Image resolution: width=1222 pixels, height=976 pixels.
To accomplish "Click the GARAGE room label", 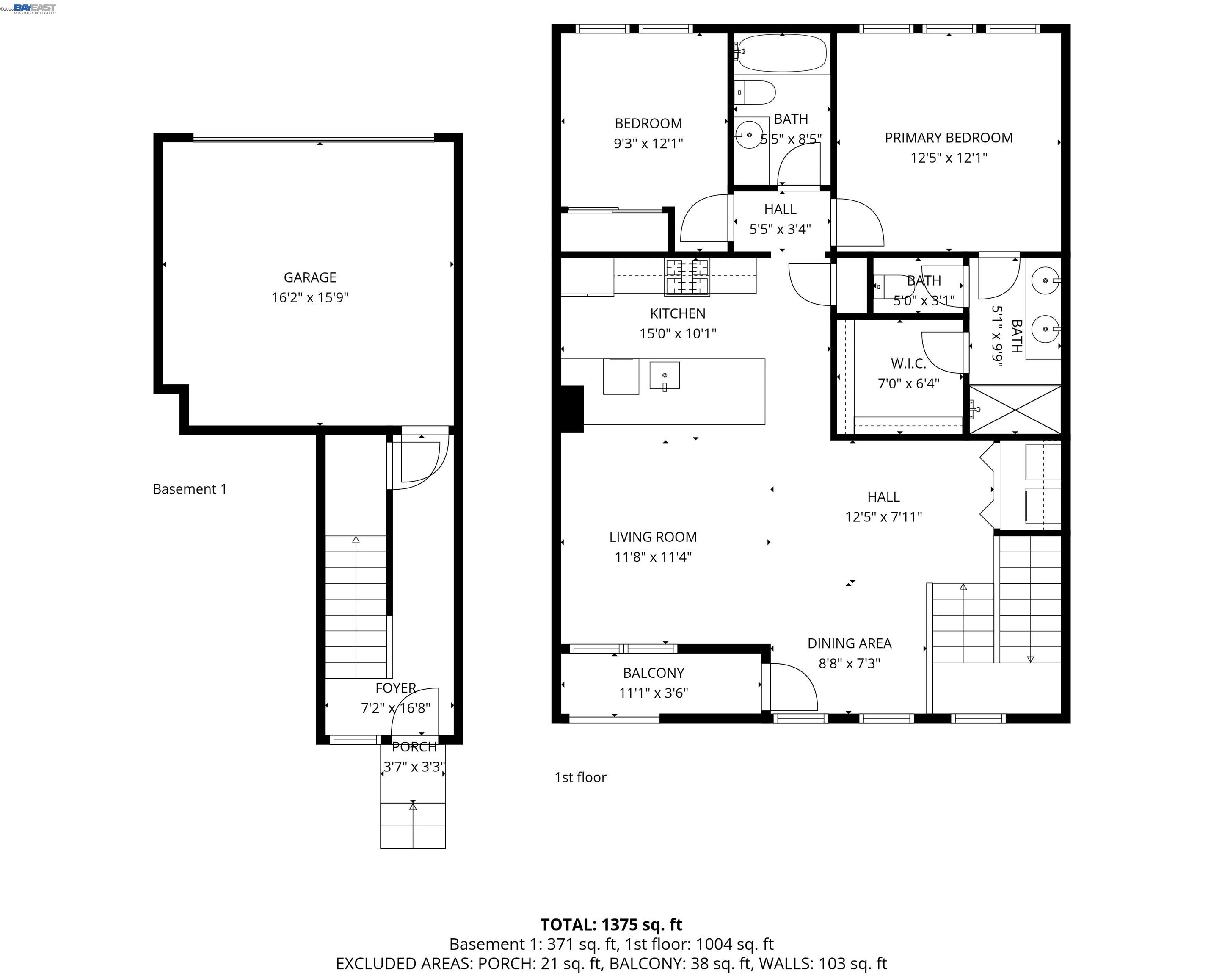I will click(x=309, y=277).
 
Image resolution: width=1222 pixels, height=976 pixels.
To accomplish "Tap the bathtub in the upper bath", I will click(x=782, y=53).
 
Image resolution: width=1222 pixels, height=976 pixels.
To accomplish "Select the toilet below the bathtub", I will click(x=756, y=92).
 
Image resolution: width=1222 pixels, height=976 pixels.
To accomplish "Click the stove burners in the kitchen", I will click(x=687, y=277).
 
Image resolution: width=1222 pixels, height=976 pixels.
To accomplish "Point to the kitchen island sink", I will click(x=664, y=375).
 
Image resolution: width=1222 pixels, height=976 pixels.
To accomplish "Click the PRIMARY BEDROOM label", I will click(x=948, y=138).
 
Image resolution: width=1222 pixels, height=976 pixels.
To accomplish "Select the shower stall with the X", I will click(x=1015, y=410).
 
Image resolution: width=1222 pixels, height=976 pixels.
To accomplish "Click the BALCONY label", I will click(x=654, y=673).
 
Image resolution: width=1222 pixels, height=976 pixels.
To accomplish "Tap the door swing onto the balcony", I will click(x=792, y=688).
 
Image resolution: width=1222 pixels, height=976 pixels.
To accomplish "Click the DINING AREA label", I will click(x=849, y=643).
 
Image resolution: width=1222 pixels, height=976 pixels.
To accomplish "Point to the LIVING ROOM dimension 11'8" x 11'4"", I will click(x=653, y=557).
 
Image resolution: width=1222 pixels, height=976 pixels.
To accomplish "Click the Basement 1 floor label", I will click(x=190, y=489).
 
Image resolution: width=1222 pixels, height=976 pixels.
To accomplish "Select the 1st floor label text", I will click(x=580, y=777).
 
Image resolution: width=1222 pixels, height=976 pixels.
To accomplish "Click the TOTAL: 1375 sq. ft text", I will click(x=611, y=924).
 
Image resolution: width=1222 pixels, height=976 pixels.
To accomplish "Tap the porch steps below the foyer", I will click(x=413, y=825).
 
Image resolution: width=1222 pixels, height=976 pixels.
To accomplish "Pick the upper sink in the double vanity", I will click(x=1045, y=280).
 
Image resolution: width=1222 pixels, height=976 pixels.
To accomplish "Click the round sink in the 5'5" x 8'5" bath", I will click(x=749, y=135).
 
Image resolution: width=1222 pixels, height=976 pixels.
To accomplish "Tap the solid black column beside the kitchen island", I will click(x=571, y=408).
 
